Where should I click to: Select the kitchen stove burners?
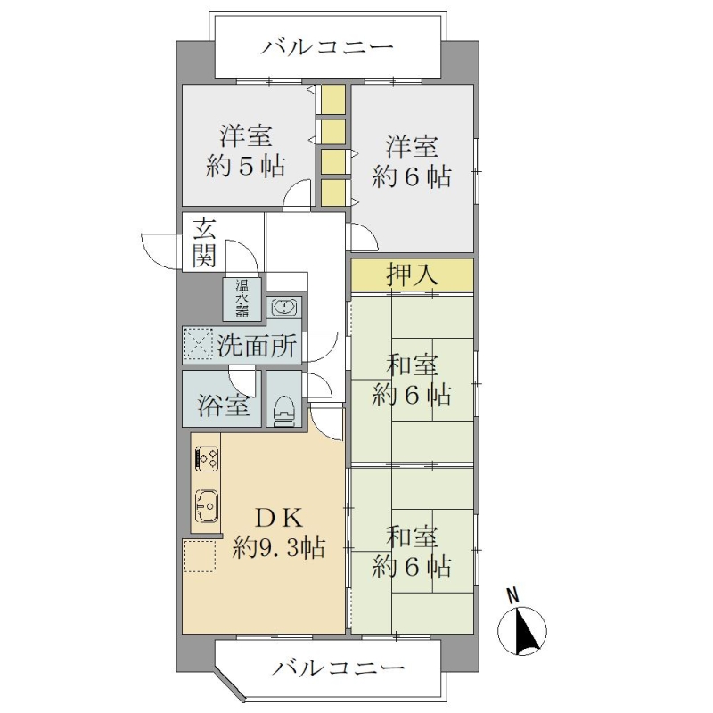click(x=207, y=458)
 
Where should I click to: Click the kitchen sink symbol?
click(x=207, y=506)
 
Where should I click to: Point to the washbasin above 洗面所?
click(x=284, y=307)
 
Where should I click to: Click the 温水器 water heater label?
click(x=242, y=299)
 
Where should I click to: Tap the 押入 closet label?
click(x=412, y=275)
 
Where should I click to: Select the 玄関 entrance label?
click(x=204, y=242)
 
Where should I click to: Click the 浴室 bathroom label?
click(x=224, y=405)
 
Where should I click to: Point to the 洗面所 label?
click(x=257, y=346)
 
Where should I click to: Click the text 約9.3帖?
click(x=279, y=547)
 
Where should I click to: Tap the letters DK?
click(x=279, y=518)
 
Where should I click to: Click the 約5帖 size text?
click(x=246, y=166)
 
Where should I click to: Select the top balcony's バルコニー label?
click(x=326, y=47)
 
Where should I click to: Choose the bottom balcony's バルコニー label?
click(x=339, y=668)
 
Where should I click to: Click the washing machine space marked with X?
click(x=198, y=345)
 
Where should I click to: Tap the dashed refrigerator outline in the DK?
click(x=199, y=555)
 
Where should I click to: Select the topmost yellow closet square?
click(x=333, y=99)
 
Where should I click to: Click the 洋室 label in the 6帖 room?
click(x=413, y=145)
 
